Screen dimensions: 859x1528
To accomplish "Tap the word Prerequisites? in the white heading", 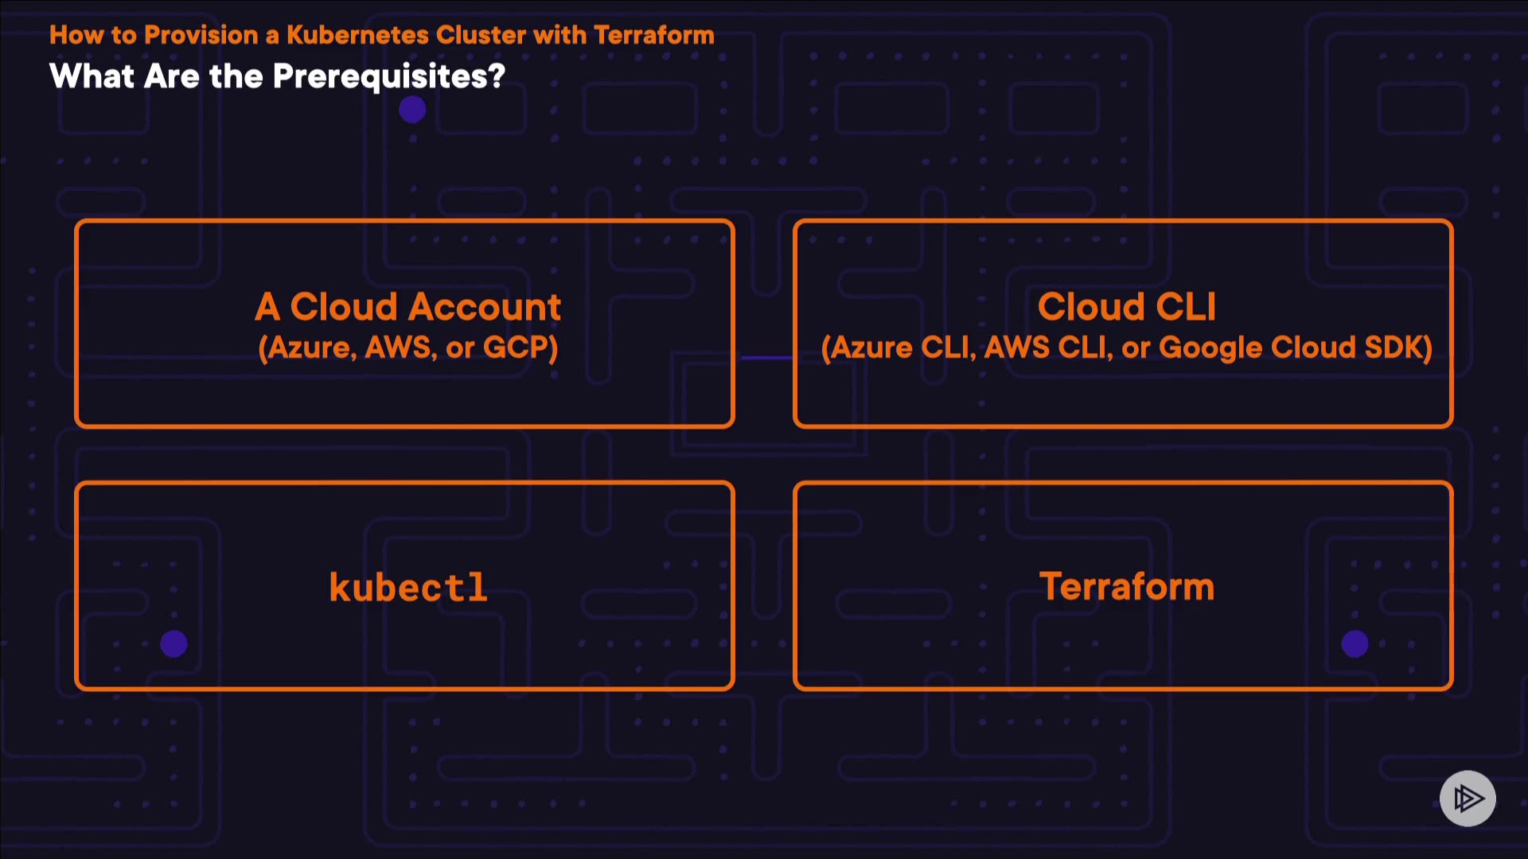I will tap(389, 77).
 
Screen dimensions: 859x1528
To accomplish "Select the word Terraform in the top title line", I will tap(653, 35).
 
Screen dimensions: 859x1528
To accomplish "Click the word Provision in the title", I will tap(201, 35).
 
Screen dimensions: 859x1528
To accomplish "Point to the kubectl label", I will tap(408, 588).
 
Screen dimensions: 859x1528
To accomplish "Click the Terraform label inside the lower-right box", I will tap(1126, 587).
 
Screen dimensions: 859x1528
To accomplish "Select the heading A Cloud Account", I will tap(407, 307).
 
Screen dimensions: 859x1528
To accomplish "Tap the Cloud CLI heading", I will tap(1126, 307).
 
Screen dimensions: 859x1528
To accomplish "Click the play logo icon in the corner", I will tap(1468, 798).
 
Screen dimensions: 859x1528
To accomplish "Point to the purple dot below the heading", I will tap(412, 110).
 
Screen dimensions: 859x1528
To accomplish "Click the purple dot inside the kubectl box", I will tap(173, 643).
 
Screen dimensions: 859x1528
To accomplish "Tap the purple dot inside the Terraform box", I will tap(1355, 643).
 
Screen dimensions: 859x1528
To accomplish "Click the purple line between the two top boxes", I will tap(766, 358).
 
